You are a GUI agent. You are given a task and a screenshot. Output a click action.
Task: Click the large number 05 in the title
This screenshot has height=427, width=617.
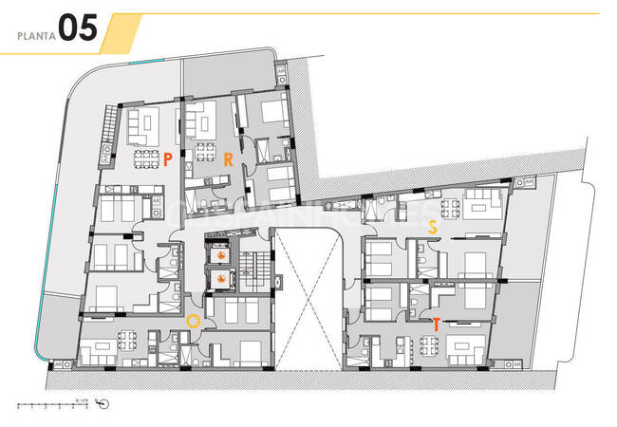click(x=77, y=29)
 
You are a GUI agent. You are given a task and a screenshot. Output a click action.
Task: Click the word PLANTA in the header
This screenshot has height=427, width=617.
click(x=36, y=37)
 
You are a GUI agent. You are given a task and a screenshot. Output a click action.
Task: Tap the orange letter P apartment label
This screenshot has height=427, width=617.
click(x=167, y=159)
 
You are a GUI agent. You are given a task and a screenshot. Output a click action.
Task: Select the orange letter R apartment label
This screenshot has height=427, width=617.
click(x=228, y=159)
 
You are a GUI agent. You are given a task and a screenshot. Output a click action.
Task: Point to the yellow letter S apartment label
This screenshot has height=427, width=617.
click(x=433, y=228)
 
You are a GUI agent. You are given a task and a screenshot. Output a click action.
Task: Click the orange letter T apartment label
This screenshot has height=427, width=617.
click(x=435, y=325)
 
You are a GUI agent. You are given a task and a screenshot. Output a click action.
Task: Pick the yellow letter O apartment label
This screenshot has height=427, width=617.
click(x=193, y=322)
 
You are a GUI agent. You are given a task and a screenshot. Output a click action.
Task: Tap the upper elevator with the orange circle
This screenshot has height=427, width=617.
click(x=220, y=254)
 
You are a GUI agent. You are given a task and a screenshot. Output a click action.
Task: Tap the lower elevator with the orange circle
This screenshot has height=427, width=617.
click(x=220, y=279)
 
